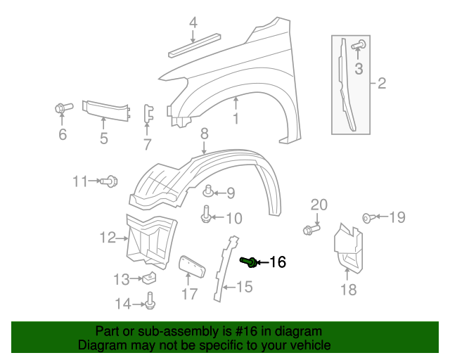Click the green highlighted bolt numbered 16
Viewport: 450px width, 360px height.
(247, 262)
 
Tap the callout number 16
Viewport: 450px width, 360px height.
(278, 263)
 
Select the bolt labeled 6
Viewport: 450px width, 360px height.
(61, 108)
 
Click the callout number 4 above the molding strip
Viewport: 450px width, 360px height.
(193, 25)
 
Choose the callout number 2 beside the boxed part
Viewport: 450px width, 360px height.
(382, 84)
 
